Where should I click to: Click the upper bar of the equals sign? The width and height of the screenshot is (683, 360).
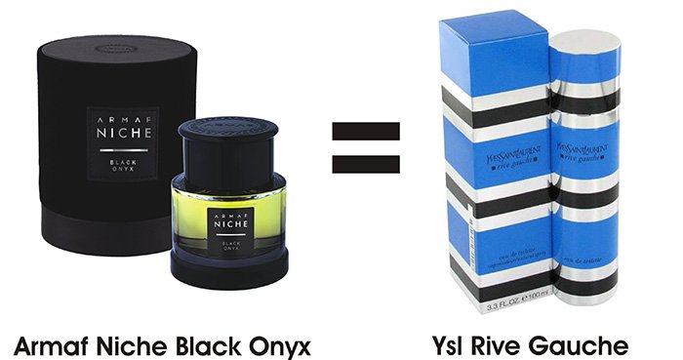pos(366,130)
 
